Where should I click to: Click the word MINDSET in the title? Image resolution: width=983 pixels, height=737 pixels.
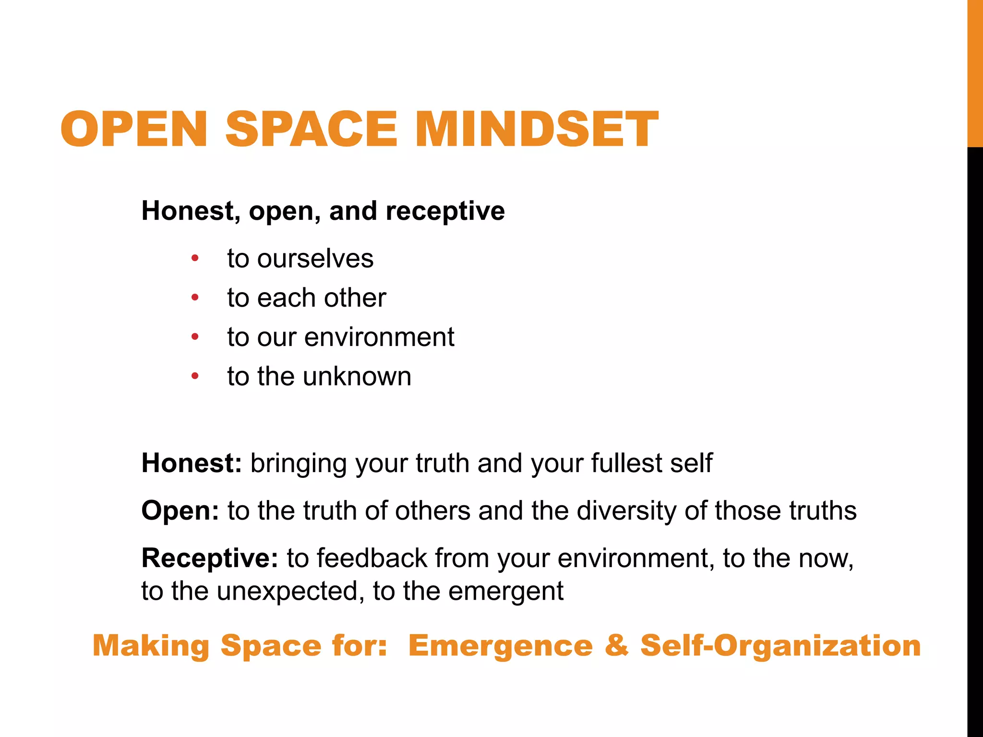537,129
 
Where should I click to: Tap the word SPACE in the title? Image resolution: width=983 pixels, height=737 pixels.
311,129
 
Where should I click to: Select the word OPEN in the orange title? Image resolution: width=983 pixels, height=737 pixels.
134,129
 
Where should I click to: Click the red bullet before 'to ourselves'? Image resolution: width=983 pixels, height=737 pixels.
195,259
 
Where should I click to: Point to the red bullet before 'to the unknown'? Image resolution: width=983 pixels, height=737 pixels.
195,376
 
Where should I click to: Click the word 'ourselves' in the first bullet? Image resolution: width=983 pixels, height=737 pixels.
315,259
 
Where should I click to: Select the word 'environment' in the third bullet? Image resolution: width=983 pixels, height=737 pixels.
379,337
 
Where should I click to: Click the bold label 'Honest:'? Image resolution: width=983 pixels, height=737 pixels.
192,463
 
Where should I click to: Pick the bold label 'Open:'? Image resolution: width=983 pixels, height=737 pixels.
180,510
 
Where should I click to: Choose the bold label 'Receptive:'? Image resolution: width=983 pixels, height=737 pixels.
210,558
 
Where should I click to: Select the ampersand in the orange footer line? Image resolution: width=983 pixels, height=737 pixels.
617,645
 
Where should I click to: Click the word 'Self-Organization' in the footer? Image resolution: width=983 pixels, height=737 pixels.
780,645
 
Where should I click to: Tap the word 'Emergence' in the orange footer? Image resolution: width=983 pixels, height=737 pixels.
500,645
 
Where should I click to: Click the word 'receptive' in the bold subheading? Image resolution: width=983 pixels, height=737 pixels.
445,211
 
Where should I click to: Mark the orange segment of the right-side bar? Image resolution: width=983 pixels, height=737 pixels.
975,72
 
